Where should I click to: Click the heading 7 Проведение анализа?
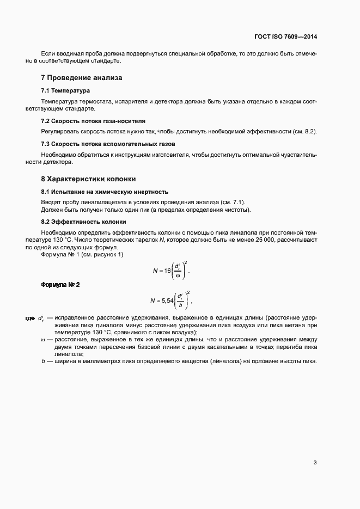click(82, 78)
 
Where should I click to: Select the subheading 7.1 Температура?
click(65, 90)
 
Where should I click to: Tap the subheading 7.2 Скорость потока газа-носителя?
click(93, 121)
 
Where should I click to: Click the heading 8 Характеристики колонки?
click(88, 179)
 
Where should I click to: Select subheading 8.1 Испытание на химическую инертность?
click(105, 192)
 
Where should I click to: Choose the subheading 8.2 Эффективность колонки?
click(83, 222)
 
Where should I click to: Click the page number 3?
click(315, 463)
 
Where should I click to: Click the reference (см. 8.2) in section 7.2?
click(303, 132)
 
